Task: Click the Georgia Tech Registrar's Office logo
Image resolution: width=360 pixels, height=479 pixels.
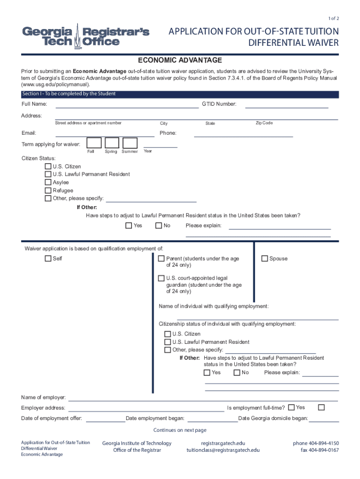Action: click(x=86, y=36)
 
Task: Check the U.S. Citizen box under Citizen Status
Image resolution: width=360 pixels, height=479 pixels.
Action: click(x=48, y=167)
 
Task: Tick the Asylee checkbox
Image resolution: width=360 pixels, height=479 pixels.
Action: click(x=48, y=182)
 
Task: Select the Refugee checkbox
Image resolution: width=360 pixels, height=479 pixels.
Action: click(x=48, y=190)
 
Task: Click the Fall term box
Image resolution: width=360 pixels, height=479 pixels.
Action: click(x=94, y=143)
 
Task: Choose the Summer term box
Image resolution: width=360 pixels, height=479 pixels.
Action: click(x=130, y=143)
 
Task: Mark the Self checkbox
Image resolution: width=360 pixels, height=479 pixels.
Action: click(x=48, y=259)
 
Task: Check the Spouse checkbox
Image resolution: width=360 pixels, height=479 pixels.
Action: click(x=265, y=259)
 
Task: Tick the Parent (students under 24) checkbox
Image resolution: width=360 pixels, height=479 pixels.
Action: click(x=161, y=259)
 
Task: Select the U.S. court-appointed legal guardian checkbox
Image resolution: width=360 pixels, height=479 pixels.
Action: click(x=161, y=278)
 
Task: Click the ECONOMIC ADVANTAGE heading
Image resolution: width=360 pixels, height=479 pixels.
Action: click(x=180, y=61)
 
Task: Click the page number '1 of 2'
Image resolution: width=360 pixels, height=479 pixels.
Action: click(x=334, y=18)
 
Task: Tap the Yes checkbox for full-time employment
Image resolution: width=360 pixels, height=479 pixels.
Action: click(x=292, y=407)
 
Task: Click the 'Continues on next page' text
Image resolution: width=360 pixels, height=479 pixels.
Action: click(x=180, y=430)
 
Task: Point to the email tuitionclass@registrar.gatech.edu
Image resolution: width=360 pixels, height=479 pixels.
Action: click(x=223, y=450)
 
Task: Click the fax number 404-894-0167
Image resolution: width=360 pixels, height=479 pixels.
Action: click(x=320, y=450)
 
